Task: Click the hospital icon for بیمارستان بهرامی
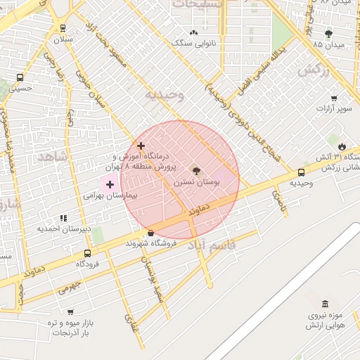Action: tap(110, 184)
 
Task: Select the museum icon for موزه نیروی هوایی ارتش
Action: tap(324, 304)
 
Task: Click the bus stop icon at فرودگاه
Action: tap(87, 253)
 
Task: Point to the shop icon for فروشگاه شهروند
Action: tap(150, 233)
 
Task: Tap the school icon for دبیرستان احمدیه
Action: tap(63, 219)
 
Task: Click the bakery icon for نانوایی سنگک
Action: tap(194, 32)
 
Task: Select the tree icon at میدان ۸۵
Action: tap(328, 33)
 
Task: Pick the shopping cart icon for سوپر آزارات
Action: tap(333, 98)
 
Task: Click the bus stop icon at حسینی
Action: tap(19, 77)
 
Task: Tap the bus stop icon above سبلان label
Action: tap(63, 29)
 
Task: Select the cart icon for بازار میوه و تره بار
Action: tap(70, 311)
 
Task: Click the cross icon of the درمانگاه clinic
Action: tap(141, 146)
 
